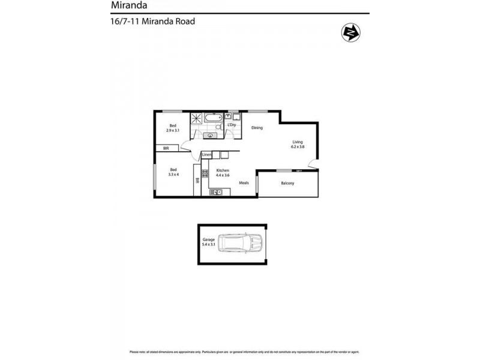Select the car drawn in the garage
point(240,243)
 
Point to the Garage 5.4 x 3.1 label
point(208,242)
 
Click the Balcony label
point(287,183)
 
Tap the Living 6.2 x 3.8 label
point(298,145)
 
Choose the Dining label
point(257,128)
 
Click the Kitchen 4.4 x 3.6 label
point(223,173)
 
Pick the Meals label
point(244,183)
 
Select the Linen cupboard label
point(206,155)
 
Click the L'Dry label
point(231,125)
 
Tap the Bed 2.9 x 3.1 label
point(173,128)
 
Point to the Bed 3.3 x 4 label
point(173,172)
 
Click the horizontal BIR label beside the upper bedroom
point(167,148)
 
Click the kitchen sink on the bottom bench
point(217,192)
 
